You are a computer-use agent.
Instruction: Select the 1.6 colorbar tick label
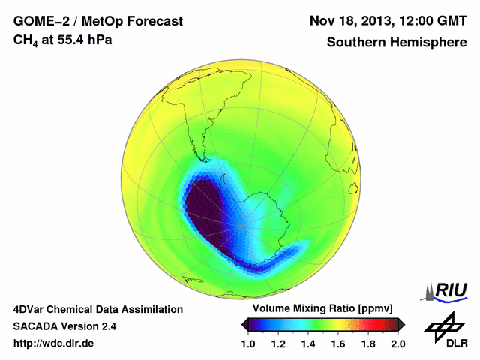pos(337,343)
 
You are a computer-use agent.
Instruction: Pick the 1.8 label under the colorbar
pos(367,343)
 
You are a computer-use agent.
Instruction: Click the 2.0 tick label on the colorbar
pos(397,343)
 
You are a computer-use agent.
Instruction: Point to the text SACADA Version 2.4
pos(64,326)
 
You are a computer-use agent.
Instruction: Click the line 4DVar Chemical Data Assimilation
pos(98,309)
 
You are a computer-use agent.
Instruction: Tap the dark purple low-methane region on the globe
pos(210,214)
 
